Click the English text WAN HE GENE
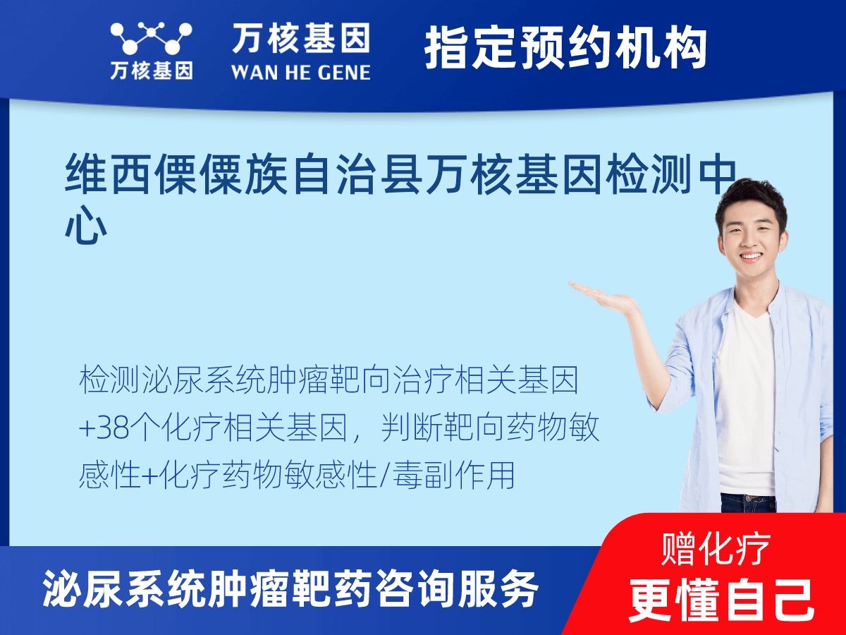click(x=300, y=72)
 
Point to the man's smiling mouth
click(x=750, y=258)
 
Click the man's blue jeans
click(x=747, y=502)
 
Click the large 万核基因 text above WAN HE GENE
click(x=300, y=38)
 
